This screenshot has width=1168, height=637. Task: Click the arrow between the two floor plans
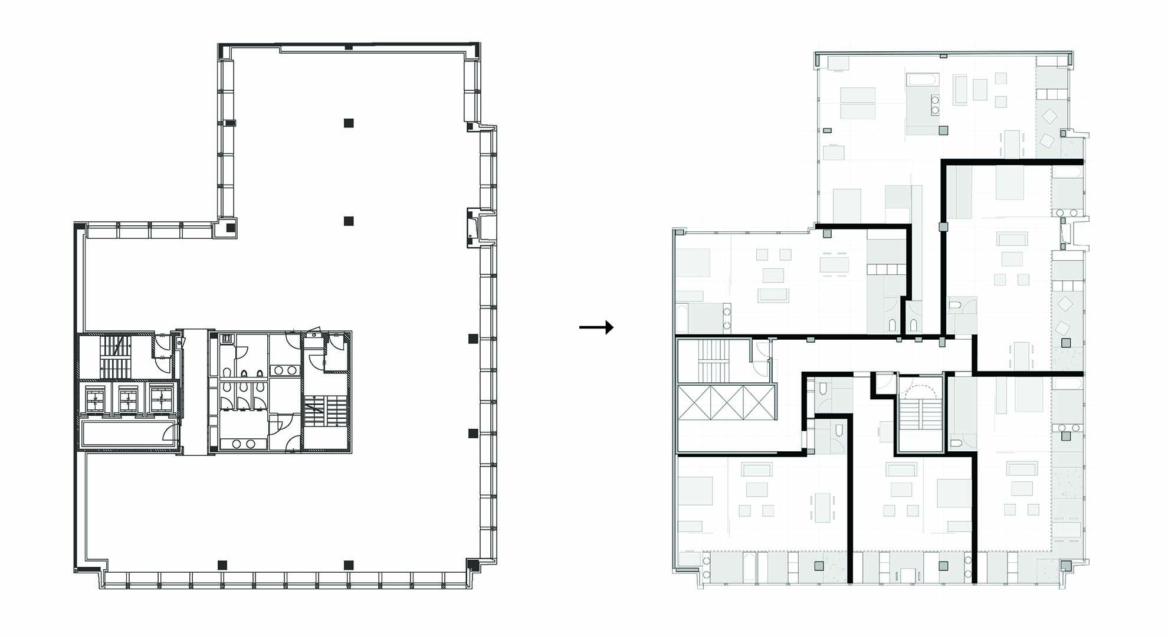[596, 327]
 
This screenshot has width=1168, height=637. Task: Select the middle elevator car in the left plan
[129, 399]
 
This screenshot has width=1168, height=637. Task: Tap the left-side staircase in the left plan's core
[116, 357]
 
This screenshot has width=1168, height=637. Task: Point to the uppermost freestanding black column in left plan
[349, 123]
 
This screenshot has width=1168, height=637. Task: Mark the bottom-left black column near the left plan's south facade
[222, 564]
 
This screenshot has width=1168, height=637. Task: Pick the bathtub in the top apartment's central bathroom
[921, 79]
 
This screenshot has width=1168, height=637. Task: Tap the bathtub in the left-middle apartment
[682, 318]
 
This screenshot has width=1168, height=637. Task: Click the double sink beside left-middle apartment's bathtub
[727, 318]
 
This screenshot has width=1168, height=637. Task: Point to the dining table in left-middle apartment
[835, 265]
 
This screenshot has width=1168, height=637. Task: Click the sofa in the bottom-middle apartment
[901, 470]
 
